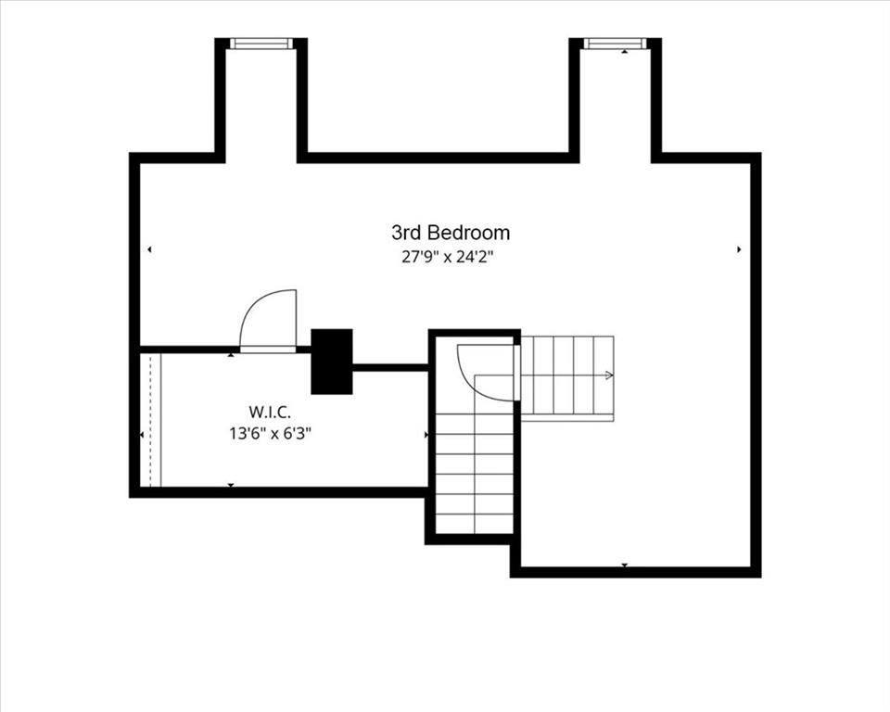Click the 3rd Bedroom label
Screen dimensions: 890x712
[451, 232]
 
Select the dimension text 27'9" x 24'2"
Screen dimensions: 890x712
[447, 257]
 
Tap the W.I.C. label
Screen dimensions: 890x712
[270, 411]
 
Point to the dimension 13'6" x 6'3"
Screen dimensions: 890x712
[270, 434]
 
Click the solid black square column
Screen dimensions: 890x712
[332, 362]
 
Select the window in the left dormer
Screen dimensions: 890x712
[261, 44]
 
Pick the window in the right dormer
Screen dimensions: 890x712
[616, 44]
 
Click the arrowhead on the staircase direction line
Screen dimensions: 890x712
[610, 375]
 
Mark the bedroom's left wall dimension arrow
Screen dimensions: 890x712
[149, 249]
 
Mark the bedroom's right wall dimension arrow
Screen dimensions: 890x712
[739, 249]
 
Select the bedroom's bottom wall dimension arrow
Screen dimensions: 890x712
[624, 565]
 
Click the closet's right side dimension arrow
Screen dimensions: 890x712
[426, 435]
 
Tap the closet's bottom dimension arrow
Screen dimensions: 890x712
[231, 485]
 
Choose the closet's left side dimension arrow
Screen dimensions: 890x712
[142, 435]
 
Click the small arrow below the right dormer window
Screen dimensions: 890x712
[624, 52]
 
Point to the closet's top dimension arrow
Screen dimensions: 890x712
[231, 355]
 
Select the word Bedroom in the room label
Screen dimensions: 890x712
[469, 232]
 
